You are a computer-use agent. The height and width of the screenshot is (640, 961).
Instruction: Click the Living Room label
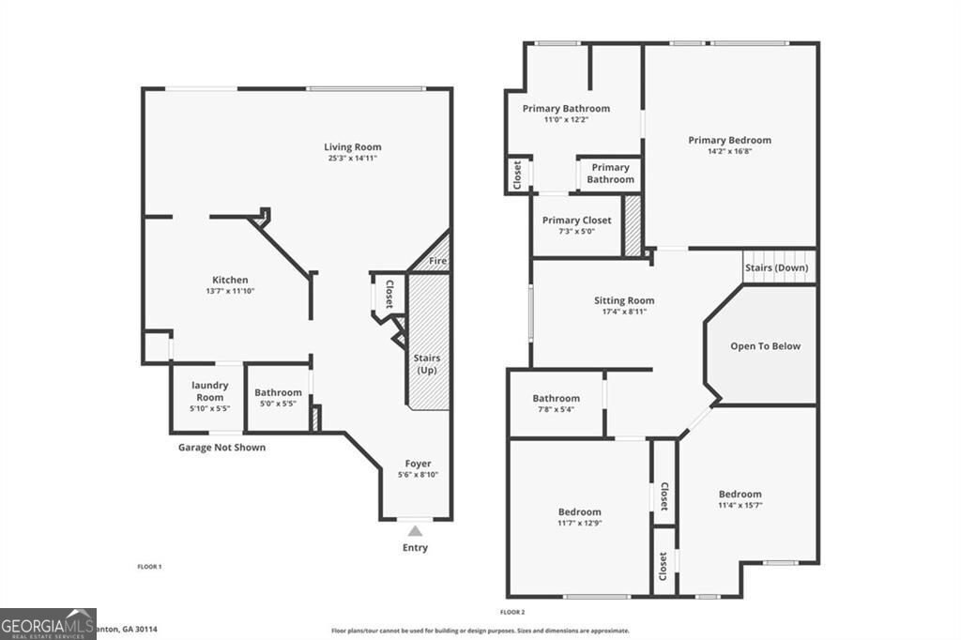click(353, 147)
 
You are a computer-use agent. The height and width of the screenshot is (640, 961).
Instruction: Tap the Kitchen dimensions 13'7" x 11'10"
click(230, 292)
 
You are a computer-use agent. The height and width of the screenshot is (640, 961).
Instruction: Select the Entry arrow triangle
click(415, 532)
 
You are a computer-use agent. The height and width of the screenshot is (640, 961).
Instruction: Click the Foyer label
click(418, 464)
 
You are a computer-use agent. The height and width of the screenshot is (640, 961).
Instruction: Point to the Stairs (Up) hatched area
click(428, 347)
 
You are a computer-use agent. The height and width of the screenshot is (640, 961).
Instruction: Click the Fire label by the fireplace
click(437, 261)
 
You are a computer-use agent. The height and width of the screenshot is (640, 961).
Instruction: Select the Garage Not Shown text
click(221, 448)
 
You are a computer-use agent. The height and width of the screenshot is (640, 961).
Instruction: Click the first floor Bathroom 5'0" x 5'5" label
click(278, 393)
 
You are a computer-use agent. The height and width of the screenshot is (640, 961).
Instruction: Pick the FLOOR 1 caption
click(150, 567)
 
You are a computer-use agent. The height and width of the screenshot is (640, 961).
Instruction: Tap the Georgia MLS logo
click(48, 623)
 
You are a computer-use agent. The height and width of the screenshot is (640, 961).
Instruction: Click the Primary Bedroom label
click(729, 141)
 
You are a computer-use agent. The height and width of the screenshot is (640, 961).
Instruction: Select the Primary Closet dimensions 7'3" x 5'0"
click(576, 232)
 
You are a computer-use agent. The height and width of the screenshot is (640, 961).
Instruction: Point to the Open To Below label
click(766, 346)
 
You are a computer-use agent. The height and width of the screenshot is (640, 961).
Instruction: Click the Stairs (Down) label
click(776, 267)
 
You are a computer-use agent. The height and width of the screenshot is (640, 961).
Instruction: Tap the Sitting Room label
click(624, 301)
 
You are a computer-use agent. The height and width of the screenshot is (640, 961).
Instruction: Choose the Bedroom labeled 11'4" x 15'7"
click(740, 495)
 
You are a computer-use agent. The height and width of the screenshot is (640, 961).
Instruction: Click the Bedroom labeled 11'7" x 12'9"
click(579, 512)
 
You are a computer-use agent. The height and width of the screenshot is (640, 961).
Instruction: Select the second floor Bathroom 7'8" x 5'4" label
click(556, 399)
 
